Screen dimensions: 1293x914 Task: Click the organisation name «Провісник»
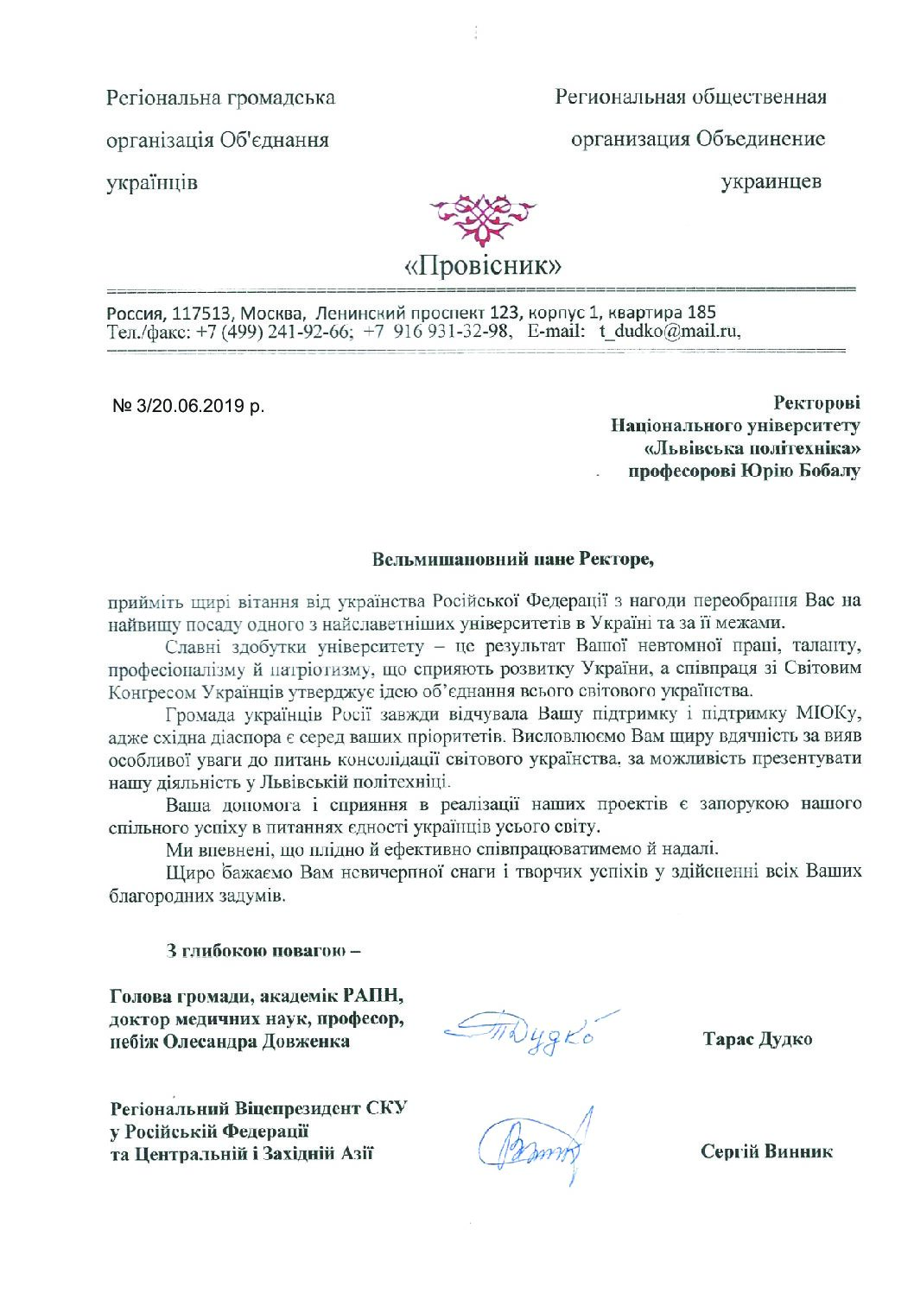(484, 264)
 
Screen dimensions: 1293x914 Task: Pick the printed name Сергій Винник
(766, 1152)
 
